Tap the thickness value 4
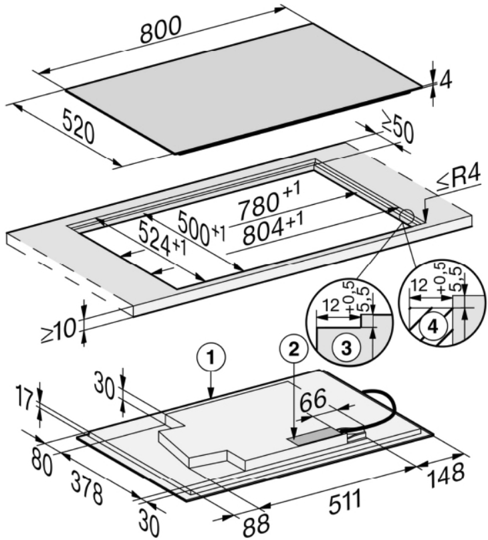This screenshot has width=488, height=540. (445, 80)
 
